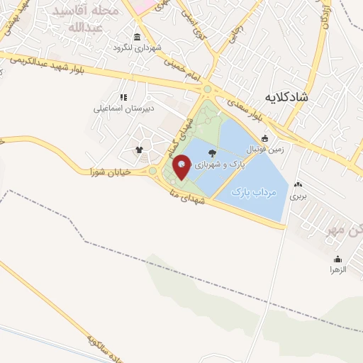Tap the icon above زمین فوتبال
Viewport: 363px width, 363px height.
264,138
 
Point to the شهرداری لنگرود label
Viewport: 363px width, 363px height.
136,48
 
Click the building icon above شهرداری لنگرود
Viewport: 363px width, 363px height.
136,37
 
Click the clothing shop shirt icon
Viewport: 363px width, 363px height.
139,150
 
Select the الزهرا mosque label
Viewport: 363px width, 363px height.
337,269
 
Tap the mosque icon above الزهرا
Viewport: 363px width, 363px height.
337,259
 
